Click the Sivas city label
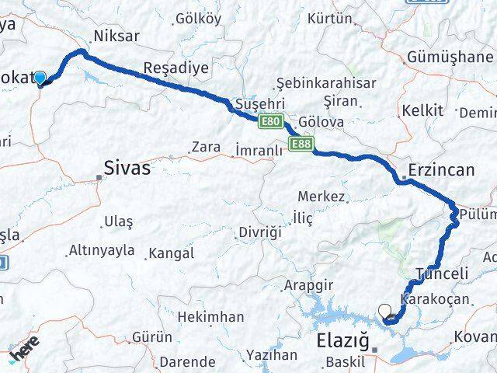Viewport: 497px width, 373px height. pyautogui.click(x=127, y=167)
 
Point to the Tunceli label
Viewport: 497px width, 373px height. pyautogui.click(x=443, y=274)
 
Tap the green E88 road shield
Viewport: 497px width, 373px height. pyautogui.click(x=301, y=144)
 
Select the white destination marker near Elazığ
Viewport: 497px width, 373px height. pyautogui.click(x=385, y=312)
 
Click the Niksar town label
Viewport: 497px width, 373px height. pyautogui.click(x=115, y=36)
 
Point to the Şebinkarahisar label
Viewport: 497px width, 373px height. pyautogui.click(x=326, y=83)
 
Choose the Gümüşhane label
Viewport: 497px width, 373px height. pyautogui.click(x=450, y=58)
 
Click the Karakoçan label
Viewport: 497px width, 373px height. pyautogui.click(x=435, y=299)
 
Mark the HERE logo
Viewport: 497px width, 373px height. pyautogui.click(x=25, y=354)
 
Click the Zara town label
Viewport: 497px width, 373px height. pyautogui.click(x=207, y=146)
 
